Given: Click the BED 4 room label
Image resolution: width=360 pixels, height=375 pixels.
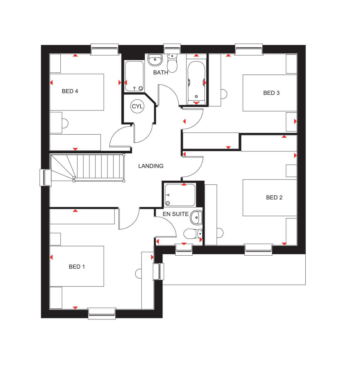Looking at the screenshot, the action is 70,91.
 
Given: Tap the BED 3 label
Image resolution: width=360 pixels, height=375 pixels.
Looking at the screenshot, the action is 271,93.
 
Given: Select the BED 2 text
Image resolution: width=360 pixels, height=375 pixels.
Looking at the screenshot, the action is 274,197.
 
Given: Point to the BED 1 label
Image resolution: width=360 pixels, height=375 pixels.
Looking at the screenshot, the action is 77,267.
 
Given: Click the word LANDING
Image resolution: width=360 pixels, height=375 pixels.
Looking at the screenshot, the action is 151,166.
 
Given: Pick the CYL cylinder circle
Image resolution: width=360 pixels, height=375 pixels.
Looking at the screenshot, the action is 137,106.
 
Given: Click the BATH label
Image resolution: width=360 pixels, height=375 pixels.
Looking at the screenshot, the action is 161,72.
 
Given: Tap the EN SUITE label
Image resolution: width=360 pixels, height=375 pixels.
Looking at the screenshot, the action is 175,214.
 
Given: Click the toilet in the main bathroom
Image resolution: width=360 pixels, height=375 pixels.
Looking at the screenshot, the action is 172,63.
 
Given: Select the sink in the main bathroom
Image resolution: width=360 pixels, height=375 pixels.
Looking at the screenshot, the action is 155,60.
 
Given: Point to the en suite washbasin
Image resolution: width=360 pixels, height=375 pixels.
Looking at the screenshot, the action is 196,218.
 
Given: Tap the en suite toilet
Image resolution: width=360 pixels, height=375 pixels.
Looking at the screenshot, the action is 193,234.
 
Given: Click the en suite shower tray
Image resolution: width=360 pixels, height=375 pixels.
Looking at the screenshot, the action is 180,195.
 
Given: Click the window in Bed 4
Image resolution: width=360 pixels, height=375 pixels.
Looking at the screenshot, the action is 104,49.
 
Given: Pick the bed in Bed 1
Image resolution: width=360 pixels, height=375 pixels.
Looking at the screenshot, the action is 77,266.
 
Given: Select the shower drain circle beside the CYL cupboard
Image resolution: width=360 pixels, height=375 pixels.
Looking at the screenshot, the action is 141,88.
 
